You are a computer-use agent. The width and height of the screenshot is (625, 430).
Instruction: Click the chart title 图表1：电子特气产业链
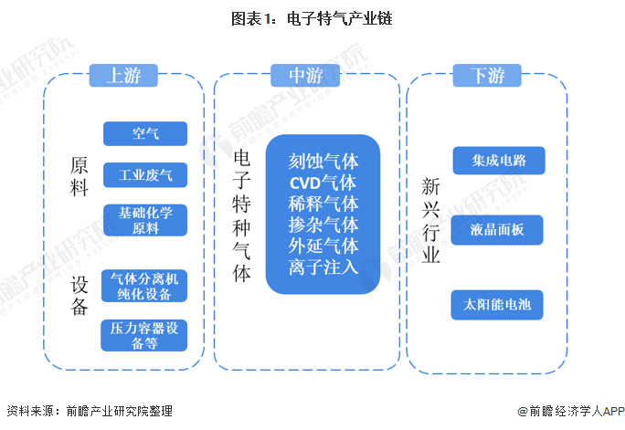tap(312, 18)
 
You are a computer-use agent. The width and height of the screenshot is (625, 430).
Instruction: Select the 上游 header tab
tap(123, 76)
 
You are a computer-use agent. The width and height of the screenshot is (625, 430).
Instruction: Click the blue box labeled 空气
tap(145, 134)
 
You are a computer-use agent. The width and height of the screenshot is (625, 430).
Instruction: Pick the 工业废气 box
tap(145, 174)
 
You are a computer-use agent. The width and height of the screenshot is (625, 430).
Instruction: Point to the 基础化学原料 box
tap(145, 220)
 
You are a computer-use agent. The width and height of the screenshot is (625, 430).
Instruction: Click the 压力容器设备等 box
tap(145, 335)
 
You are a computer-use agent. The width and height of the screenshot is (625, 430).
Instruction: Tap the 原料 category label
tap(79, 177)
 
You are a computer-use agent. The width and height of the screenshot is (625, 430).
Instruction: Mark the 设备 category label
tap(79, 295)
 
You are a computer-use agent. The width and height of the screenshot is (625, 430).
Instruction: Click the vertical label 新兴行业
tap(430, 220)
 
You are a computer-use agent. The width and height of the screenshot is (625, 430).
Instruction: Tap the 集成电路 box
tap(498, 160)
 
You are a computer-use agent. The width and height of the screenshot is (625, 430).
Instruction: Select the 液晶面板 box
tap(498, 230)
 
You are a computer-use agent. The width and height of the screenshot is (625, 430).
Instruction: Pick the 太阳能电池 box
tap(498, 304)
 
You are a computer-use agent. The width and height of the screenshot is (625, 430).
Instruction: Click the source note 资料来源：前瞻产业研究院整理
tap(89, 412)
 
